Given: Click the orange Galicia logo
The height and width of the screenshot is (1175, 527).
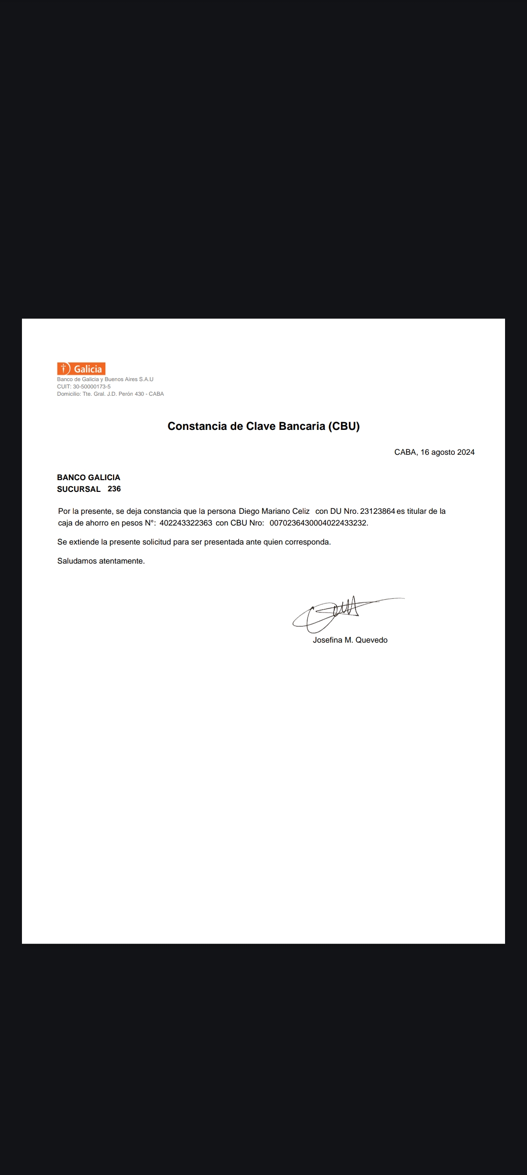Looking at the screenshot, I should pos(81,369).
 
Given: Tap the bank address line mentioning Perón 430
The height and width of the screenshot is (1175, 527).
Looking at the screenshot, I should pos(110,394).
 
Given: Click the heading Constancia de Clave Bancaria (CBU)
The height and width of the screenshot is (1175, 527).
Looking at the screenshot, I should pos(263,426).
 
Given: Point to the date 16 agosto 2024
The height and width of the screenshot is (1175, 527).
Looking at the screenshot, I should pos(447,452).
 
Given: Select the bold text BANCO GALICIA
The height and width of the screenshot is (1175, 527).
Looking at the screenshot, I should pos(88,477).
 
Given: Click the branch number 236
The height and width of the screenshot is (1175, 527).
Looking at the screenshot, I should pos(114,489).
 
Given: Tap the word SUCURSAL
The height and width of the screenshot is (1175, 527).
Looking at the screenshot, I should pos(79,489).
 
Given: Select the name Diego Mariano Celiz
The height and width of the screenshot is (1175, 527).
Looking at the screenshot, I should pos(274,511).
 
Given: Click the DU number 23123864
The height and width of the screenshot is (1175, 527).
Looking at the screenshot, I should pos(377,511).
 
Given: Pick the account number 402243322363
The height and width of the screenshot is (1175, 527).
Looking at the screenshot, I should pos(186,523).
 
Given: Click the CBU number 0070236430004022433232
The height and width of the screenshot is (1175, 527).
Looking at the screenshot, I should pos(318,523).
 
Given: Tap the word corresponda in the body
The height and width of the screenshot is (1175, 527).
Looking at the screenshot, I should pos(309,542).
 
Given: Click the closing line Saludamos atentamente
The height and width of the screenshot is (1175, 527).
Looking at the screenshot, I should pos(101,561).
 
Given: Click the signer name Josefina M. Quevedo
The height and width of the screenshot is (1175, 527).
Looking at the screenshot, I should pos(350,640).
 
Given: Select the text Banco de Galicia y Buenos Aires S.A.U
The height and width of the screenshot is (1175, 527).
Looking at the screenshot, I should pos(105,379).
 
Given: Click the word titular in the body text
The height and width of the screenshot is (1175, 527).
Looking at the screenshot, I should pos(417,511).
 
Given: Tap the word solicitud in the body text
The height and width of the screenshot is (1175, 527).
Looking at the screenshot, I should pos(157,542).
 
